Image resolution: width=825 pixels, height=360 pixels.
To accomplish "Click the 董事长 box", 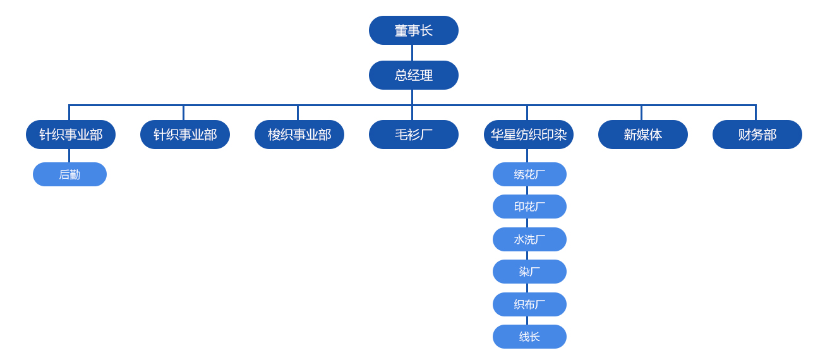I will (x=413, y=30).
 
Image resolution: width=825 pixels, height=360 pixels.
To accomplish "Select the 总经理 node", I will (x=413, y=75).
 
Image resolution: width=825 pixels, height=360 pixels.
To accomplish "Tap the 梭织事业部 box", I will (x=299, y=135).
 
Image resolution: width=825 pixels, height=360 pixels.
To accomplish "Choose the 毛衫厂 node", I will (x=413, y=135).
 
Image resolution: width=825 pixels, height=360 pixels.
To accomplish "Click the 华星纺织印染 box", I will (x=528, y=135).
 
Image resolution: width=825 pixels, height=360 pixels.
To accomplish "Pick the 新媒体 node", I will (x=642, y=135).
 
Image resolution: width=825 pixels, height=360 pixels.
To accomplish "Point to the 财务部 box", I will (x=757, y=135).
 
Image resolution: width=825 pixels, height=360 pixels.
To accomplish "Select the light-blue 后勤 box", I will (x=69, y=174).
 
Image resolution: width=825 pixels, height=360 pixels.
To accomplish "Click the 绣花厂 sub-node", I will (x=529, y=174).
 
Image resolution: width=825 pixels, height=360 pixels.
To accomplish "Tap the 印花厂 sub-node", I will (x=529, y=207).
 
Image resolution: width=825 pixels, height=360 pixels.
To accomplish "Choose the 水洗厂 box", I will (x=529, y=239).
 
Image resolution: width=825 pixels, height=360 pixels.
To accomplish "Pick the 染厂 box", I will (x=529, y=272).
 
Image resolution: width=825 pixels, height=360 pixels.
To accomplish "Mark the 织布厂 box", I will (x=529, y=304).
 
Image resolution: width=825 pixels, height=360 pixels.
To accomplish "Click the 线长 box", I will (x=529, y=337).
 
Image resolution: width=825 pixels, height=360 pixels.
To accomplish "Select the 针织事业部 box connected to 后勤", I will (x=70, y=135).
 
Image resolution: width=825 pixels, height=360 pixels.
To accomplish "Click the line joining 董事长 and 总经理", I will (x=412, y=53).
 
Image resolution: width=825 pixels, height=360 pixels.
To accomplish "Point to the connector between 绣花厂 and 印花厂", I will (x=527, y=191).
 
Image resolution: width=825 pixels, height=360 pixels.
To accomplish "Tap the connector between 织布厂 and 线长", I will (x=527, y=321).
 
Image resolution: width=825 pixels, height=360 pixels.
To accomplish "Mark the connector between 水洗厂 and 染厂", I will (x=527, y=256).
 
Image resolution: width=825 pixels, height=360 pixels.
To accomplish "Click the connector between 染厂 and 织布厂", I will (x=527, y=288).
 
